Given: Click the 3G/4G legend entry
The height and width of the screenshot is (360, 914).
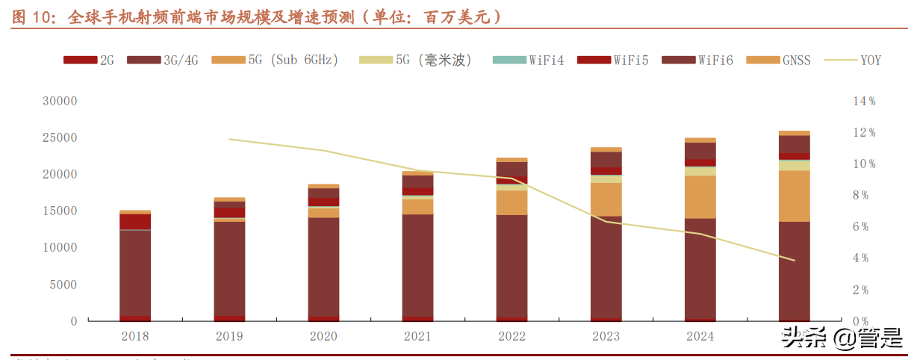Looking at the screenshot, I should point(161,60).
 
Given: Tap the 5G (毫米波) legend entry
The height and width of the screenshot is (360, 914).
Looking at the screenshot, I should point(418,60).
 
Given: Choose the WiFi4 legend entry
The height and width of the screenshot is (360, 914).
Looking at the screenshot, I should point(533,60).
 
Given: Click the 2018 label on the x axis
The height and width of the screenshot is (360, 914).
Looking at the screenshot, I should point(135,337).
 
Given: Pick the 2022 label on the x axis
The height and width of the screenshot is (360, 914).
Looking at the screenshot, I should point(512,337).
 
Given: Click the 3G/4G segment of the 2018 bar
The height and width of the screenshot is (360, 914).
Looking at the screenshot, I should point(135,273).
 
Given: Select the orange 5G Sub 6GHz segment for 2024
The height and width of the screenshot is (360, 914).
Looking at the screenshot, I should point(700,197).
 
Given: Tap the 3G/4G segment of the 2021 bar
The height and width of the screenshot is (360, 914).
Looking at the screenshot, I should point(417,265).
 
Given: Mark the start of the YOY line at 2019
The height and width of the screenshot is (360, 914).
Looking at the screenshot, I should point(229,139).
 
